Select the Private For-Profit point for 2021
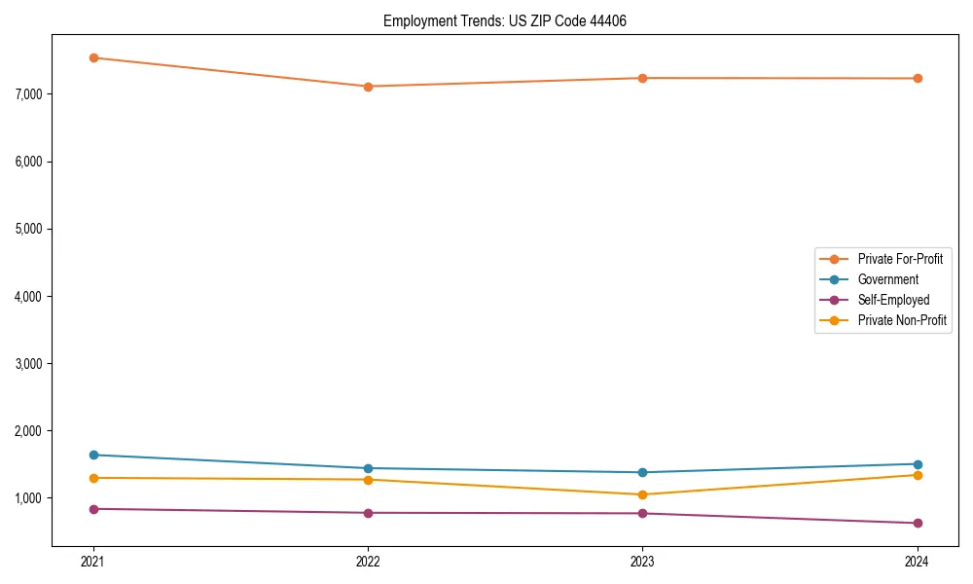[93, 57]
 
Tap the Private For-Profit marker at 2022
[368, 87]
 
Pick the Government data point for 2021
[93, 455]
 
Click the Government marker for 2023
[642, 472]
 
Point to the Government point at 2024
[917, 464]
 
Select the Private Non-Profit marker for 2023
[642, 494]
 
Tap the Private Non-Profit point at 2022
[368, 480]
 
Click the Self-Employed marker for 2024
[917, 523]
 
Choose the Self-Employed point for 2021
[93, 509]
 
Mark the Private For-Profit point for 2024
[917, 78]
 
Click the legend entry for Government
[887, 279]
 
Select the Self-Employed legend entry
[893, 300]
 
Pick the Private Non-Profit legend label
[902, 320]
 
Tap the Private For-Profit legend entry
[899, 259]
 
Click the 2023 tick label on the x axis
[642, 562]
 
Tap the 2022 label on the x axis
[368, 562]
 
